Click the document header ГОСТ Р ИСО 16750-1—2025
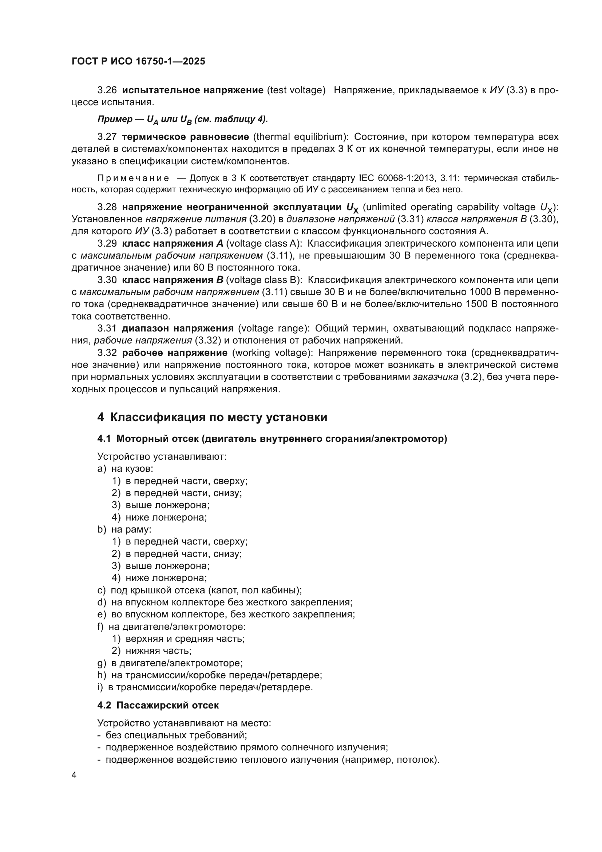pos(138,62)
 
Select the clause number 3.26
pos(107,90)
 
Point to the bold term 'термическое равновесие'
pos(185,137)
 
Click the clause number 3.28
pos(107,207)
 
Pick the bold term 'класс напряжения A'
pos(173,243)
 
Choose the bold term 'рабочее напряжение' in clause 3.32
pos(175,353)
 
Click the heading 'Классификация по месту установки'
pos(219,417)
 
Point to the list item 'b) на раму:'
pos(124,530)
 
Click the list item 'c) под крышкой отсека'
pos(199,590)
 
